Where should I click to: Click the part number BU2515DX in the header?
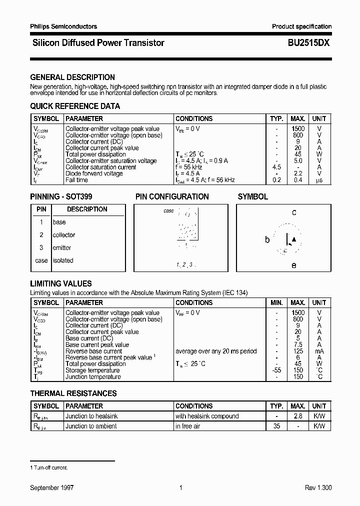308,43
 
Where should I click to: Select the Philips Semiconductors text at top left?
63,26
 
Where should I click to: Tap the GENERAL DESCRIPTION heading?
72,77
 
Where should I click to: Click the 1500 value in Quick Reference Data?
298,129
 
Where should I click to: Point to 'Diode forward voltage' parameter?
94,173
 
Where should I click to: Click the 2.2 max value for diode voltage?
298,173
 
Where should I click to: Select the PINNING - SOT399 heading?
61,197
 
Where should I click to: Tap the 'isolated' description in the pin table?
63,260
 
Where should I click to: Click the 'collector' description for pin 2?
64,235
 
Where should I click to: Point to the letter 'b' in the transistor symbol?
267,240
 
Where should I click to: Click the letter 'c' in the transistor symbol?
294,212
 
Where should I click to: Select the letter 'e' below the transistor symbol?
294,265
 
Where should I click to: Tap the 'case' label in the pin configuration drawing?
168,211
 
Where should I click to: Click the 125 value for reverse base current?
298,351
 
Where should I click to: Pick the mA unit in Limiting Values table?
319,351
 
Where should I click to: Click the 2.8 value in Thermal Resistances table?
298,416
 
